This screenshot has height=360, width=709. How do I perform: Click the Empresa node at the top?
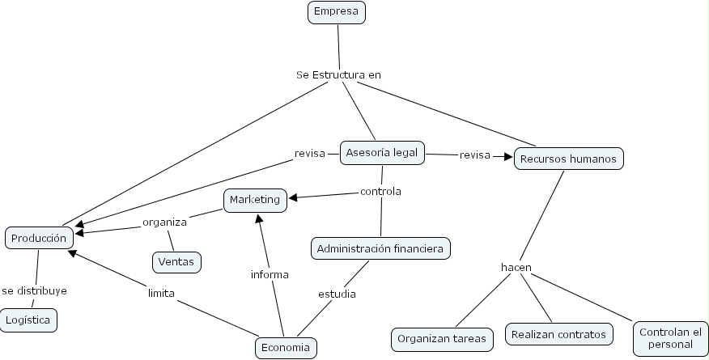click(337, 12)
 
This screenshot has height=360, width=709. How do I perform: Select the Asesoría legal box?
click(382, 153)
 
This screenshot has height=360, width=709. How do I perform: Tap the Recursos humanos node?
click(568, 159)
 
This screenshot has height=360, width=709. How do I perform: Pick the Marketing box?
click(255, 200)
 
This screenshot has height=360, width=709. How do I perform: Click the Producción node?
click(40, 238)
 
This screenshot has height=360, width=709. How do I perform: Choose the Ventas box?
click(176, 262)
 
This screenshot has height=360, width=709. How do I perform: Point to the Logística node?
click(28, 320)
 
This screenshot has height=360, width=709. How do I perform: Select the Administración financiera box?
click(380, 248)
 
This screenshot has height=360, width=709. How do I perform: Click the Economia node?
click(286, 348)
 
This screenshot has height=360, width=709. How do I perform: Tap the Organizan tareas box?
click(442, 339)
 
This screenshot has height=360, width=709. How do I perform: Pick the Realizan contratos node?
click(558, 332)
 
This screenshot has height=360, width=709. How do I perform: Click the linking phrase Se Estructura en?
click(338, 75)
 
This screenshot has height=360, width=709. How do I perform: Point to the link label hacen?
click(516, 267)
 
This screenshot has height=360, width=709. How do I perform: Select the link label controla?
click(380, 192)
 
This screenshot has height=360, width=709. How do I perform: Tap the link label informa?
click(270, 274)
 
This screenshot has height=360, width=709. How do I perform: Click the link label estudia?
click(336, 294)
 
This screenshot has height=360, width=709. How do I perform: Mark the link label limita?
click(161, 293)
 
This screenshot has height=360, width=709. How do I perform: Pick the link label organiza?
click(165, 222)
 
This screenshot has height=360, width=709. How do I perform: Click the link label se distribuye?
click(34, 290)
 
